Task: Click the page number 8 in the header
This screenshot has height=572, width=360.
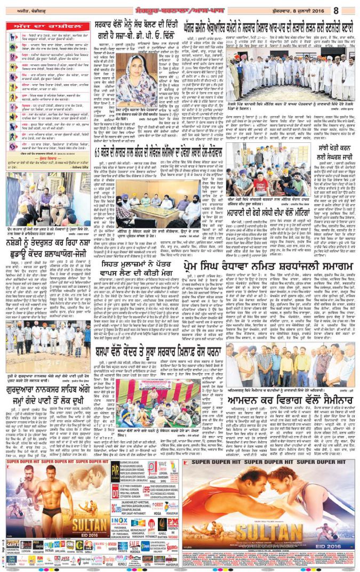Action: (x=351, y=9)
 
